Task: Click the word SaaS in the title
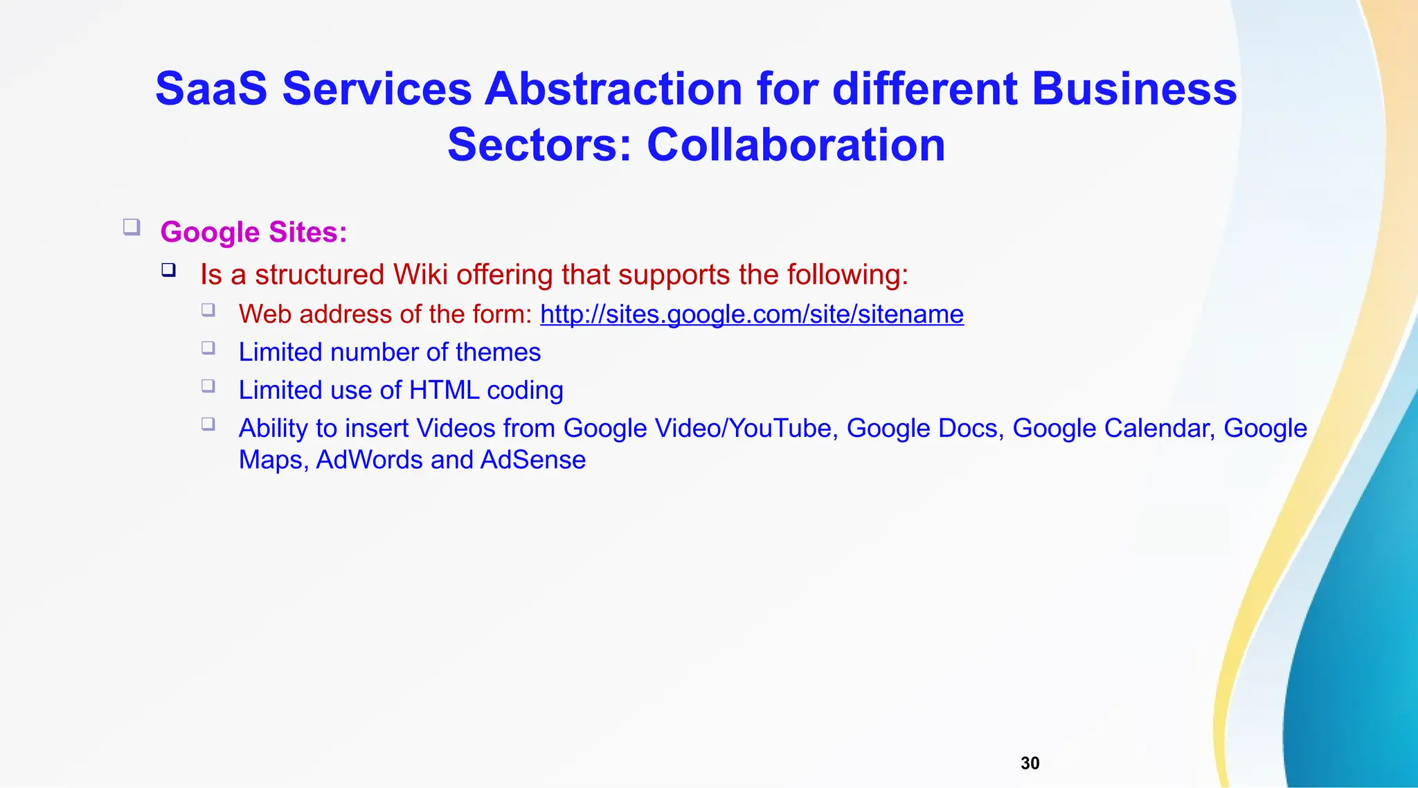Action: (x=211, y=89)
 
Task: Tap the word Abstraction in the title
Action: (x=613, y=89)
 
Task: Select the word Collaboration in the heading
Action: (x=796, y=145)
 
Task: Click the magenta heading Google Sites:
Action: (x=253, y=232)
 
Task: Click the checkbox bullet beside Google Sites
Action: (x=132, y=226)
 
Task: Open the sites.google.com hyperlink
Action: (x=751, y=314)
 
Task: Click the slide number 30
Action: (x=1030, y=763)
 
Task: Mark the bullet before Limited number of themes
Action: (x=208, y=348)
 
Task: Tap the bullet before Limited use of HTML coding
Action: (x=208, y=386)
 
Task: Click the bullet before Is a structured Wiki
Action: (x=169, y=269)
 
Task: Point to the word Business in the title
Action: (x=1133, y=89)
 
